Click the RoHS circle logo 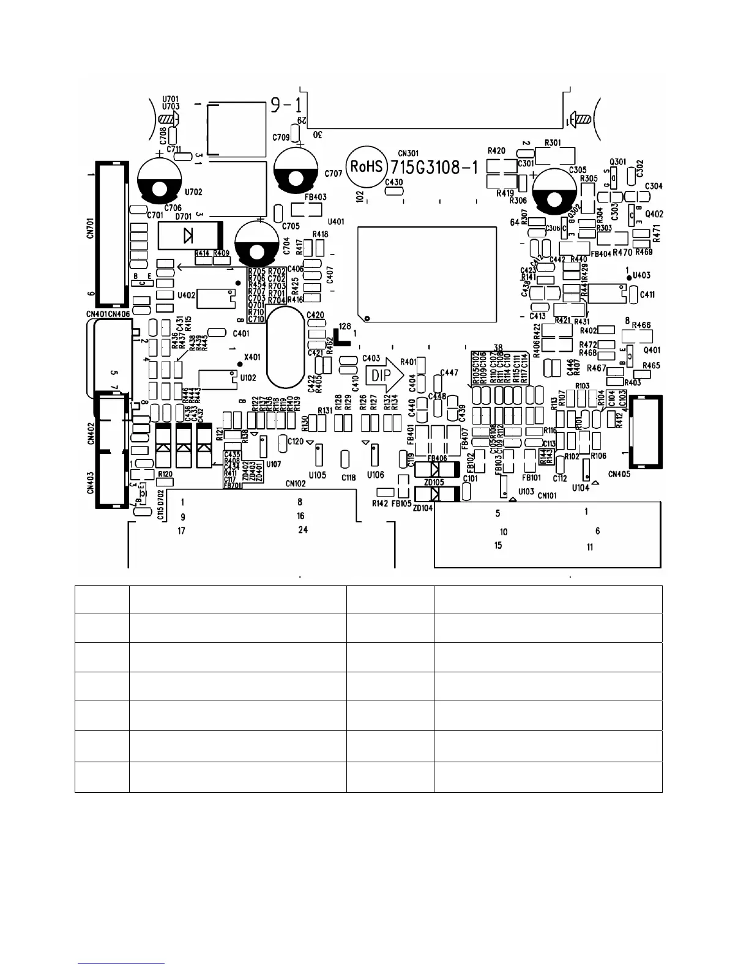(365, 167)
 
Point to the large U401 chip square (427, 274)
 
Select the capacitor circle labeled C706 (160, 180)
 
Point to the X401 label (252, 356)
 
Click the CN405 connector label (620, 473)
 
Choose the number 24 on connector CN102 (303, 530)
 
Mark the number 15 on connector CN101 (498, 545)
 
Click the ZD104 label (423, 508)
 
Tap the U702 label (193, 192)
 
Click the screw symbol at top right (581, 118)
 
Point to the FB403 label (315, 197)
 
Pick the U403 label (641, 275)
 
